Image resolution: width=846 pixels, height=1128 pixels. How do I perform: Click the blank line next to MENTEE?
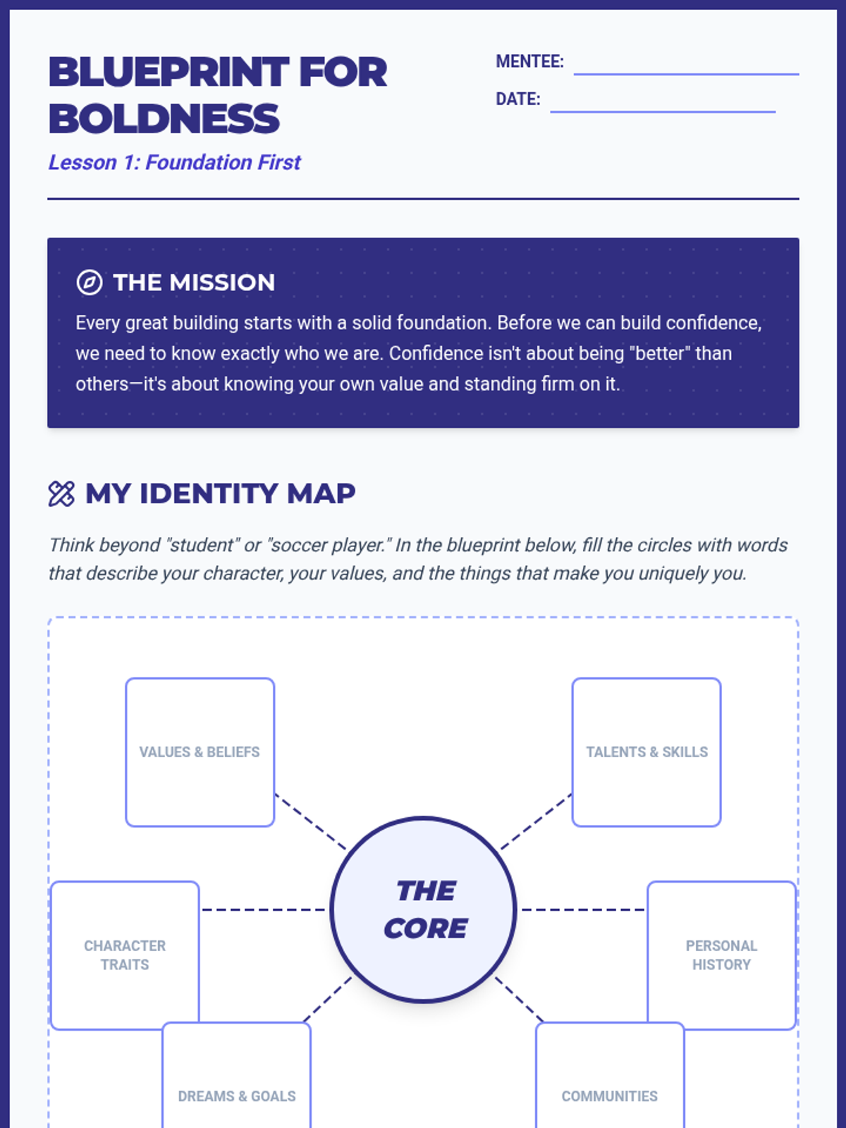(x=686, y=73)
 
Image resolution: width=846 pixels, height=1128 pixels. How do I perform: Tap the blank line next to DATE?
(x=663, y=111)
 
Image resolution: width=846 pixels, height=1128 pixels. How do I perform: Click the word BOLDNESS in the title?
(x=164, y=118)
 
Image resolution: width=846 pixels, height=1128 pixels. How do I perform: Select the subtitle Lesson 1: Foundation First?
(x=174, y=163)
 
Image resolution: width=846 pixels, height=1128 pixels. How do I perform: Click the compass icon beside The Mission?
(x=90, y=283)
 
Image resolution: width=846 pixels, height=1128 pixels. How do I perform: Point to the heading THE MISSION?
(x=194, y=283)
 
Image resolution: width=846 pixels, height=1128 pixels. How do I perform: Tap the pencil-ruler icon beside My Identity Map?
(x=61, y=493)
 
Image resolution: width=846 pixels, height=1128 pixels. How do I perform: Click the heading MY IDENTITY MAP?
(x=220, y=493)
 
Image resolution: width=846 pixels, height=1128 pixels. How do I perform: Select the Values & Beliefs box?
(x=200, y=752)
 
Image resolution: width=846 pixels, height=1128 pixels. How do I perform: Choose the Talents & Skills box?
(x=646, y=752)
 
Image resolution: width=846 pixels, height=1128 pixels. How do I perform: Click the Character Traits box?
(x=125, y=955)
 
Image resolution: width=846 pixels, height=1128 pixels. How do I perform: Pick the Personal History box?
(x=721, y=955)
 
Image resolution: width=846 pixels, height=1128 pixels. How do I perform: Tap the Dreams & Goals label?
(x=237, y=1096)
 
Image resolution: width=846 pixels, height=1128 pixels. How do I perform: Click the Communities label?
(x=610, y=1096)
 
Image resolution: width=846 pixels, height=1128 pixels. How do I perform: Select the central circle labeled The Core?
(x=424, y=909)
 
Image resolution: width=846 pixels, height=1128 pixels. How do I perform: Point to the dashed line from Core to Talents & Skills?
(x=537, y=821)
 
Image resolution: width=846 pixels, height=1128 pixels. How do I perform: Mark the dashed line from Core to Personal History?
(x=582, y=909)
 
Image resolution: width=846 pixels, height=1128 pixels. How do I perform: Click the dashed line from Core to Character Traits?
(x=264, y=909)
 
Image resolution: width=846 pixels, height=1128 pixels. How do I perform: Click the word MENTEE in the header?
(x=529, y=62)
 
